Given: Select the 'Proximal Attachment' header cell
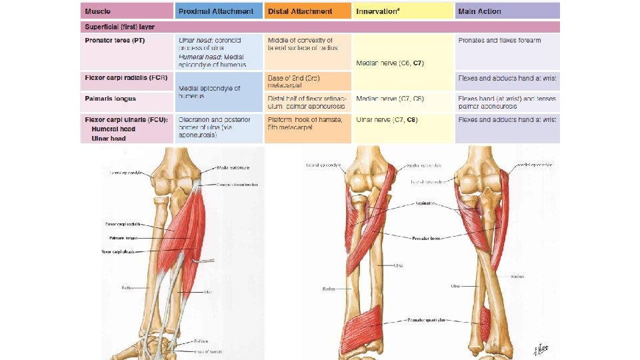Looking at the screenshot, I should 216,11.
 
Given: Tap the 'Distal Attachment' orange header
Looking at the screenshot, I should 300,11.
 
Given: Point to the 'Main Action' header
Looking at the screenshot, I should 479,11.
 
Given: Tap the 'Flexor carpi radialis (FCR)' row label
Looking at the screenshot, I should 125,79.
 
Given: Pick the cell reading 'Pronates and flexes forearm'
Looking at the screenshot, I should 499,41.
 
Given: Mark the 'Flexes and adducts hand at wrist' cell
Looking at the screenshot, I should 507,119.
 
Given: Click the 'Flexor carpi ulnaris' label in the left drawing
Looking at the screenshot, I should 119,251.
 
